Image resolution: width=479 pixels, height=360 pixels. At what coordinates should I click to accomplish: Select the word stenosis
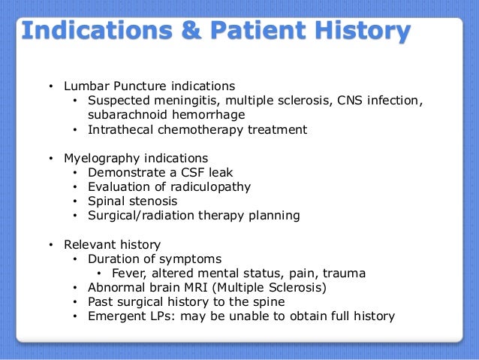153,201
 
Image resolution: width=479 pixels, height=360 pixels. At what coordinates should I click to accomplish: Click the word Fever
128,273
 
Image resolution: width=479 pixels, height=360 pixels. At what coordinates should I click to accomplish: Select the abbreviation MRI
197,287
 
